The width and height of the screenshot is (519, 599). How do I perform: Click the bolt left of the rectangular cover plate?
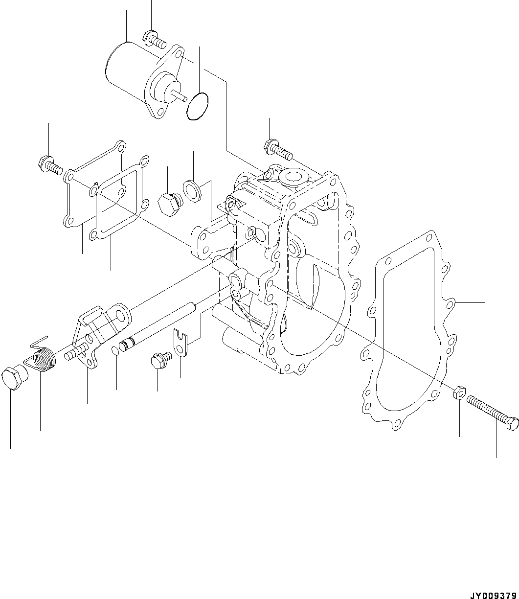pyautogui.click(x=49, y=165)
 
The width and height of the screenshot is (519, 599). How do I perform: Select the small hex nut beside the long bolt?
pyautogui.click(x=459, y=392)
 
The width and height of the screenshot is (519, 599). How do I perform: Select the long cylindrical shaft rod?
pyautogui.click(x=161, y=325)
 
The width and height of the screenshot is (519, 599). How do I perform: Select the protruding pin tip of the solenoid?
pyautogui.click(x=182, y=96)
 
